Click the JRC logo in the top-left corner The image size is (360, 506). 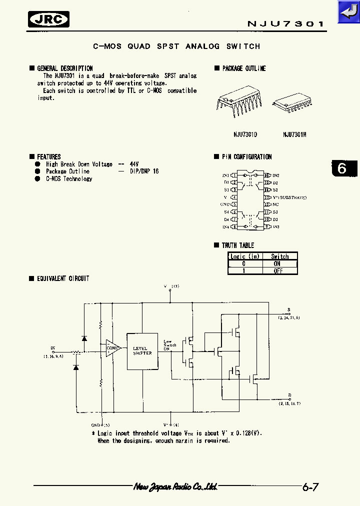[x=48, y=19]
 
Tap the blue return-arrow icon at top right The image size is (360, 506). [x=348, y=11]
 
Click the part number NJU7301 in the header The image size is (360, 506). [x=286, y=23]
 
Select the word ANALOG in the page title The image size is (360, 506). [x=202, y=46]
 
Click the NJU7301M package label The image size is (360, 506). [x=294, y=134]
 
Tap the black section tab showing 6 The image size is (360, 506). [x=343, y=168]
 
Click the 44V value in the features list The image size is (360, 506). [x=134, y=164]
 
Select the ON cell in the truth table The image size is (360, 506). [x=277, y=263]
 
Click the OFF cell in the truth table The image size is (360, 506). [x=278, y=270]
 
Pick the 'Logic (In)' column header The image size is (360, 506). [x=245, y=256]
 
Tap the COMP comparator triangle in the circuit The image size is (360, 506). [x=112, y=348]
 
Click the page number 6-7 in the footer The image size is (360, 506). [x=310, y=486]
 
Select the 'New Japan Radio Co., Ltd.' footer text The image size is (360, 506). [x=175, y=486]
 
